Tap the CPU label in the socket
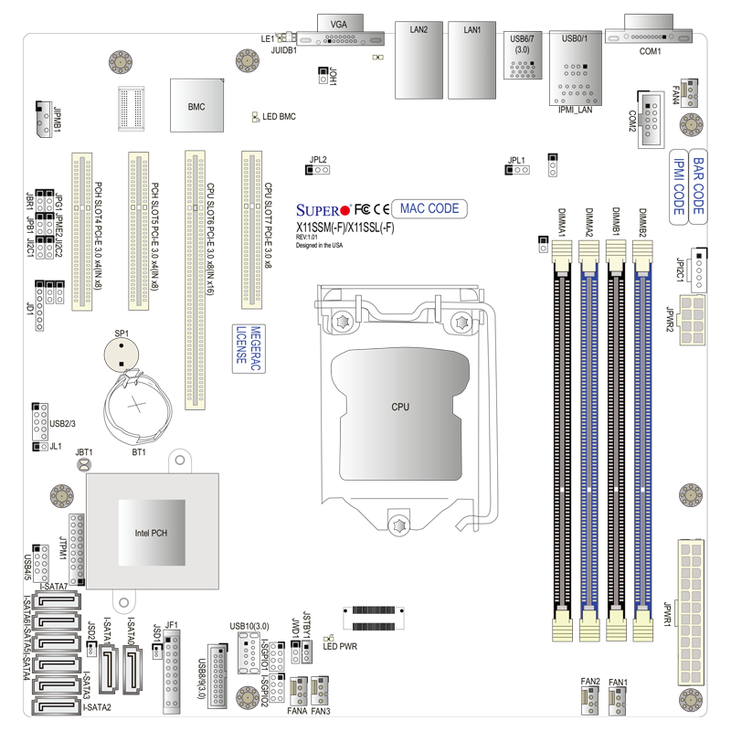(400, 406)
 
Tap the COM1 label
(650, 51)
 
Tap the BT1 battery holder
(137, 407)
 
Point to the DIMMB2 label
(642, 223)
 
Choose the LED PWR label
(341, 646)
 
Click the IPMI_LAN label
(576, 110)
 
